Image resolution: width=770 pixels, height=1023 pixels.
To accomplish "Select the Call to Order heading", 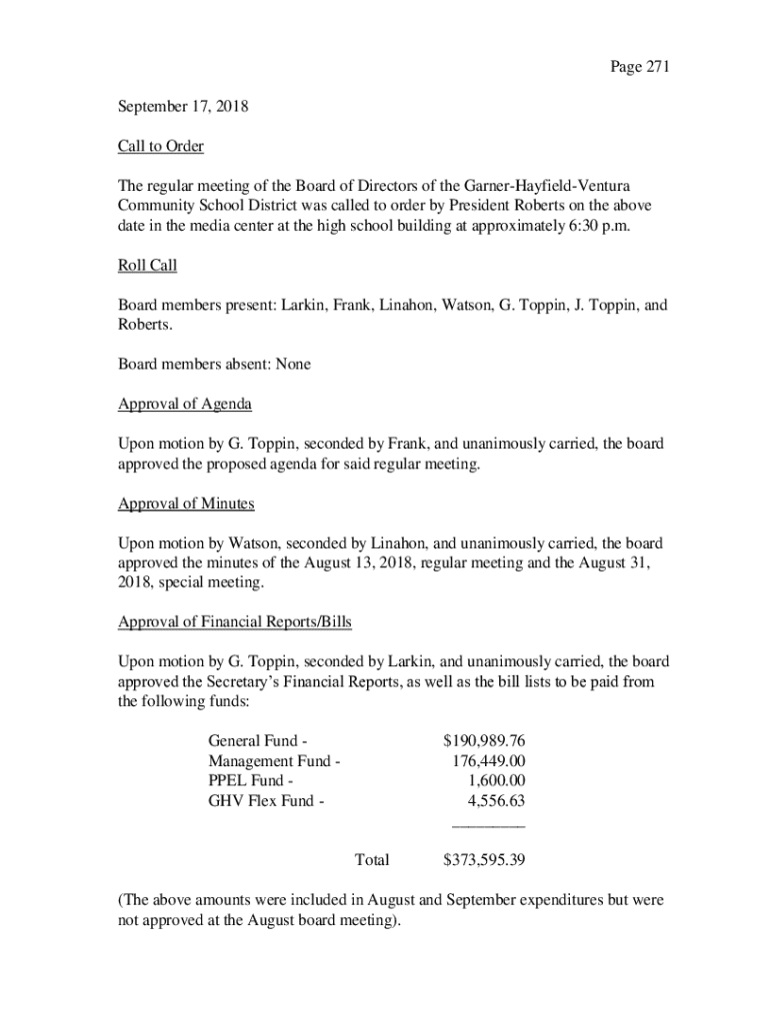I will click(x=161, y=147).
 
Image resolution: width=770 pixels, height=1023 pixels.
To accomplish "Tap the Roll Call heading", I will click(x=148, y=267).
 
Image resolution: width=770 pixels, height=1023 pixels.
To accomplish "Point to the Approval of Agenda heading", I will click(x=185, y=405).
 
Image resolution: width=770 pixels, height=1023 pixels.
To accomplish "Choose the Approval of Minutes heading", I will click(x=186, y=504).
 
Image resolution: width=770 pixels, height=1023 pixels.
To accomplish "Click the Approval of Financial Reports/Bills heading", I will click(x=235, y=622).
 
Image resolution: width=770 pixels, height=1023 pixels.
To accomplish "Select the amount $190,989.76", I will click(x=484, y=741).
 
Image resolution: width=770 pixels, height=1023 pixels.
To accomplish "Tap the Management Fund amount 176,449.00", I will click(x=489, y=761).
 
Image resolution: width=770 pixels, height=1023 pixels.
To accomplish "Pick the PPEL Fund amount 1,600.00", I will click(x=497, y=781).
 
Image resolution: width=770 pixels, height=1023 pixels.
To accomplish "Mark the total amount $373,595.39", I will click(x=484, y=860).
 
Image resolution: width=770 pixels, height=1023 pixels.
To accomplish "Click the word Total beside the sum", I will click(x=372, y=860).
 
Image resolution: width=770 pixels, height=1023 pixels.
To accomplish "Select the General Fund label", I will click(x=257, y=741).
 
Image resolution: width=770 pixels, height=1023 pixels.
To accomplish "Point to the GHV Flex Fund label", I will click(x=266, y=801).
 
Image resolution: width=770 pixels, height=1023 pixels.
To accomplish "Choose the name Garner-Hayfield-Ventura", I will click(x=547, y=187).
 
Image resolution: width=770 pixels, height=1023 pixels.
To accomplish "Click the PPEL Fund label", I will click(x=251, y=781).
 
